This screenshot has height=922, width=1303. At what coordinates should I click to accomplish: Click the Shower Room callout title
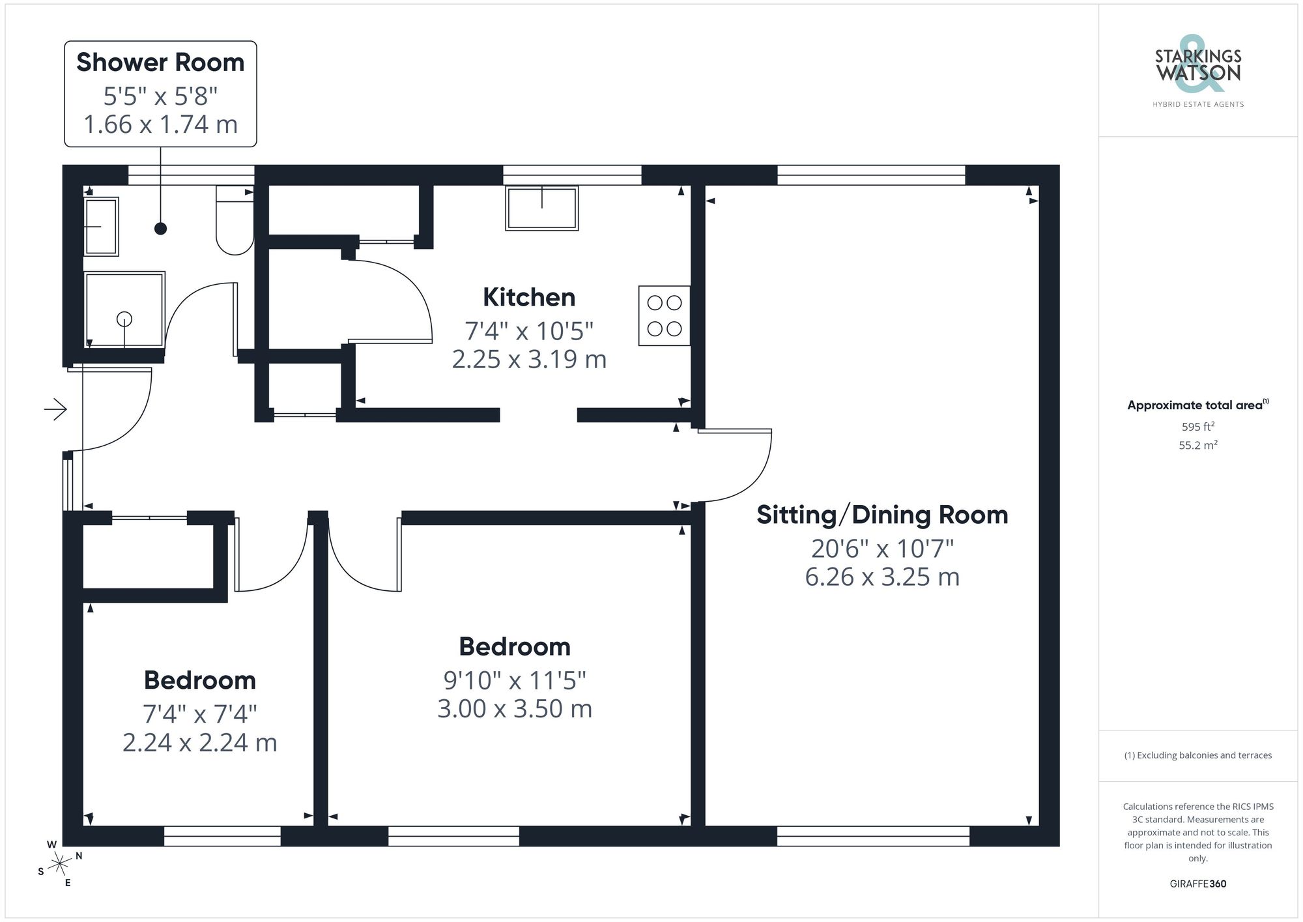[x=160, y=63]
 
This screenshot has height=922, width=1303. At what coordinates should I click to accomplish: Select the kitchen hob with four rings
[x=664, y=315]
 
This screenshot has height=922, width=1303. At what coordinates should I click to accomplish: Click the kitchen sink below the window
[x=541, y=208]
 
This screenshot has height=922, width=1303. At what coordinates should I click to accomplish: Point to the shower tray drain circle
[x=124, y=319]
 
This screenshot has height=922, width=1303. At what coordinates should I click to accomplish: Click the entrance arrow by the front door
[x=56, y=410]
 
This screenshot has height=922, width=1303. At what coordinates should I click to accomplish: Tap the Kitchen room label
[x=529, y=297]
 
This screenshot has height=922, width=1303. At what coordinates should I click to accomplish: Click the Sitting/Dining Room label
[x=882, y=515]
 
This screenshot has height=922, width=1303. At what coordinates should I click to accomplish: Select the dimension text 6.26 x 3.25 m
[x=882, y=577]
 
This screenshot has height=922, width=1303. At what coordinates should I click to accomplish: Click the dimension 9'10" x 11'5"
[x=515, y=681]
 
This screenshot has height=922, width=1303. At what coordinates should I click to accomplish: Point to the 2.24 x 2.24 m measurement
[x=200, y=743]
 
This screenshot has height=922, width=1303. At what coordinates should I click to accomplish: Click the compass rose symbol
[x=60, y=864]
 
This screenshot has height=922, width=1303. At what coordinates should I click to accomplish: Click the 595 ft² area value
[x=1197, y=427]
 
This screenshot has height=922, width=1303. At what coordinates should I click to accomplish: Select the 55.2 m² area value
[x=1197, y=446]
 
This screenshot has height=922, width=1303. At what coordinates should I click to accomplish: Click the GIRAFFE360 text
[x=1197, y=884]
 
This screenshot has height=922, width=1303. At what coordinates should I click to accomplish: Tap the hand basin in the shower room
[x=101, y=227]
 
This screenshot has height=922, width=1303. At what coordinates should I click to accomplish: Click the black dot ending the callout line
[x=160, y=229]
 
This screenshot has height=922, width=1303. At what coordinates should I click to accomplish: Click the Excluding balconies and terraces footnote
[x=1197, y=756]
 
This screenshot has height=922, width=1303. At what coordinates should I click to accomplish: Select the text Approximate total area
[x=1195, y=405]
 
